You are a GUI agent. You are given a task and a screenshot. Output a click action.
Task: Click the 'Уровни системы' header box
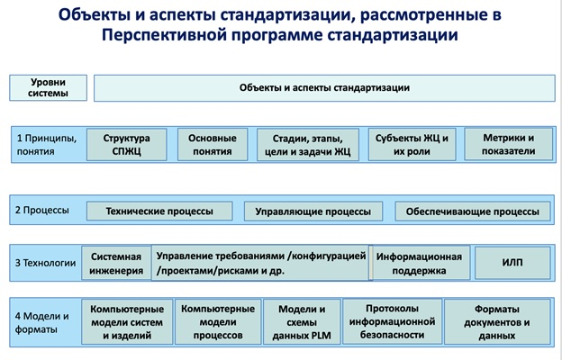(x=48, y=88)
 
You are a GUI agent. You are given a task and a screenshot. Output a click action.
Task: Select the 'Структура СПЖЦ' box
(x=126, y=144)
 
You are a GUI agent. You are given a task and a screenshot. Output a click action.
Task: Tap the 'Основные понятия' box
(x=213, y=144)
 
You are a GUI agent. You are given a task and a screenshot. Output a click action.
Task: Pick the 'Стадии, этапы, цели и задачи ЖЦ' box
(x=308, y=145)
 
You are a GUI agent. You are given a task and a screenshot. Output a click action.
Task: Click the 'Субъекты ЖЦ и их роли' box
(x=412, y=144)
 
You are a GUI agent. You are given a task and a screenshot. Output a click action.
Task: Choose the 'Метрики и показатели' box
(x=509, y=144)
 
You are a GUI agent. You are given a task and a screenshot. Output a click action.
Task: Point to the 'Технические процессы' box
(x=159, y=211)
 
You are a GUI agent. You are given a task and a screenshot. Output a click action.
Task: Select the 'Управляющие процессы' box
(x=313, y=211)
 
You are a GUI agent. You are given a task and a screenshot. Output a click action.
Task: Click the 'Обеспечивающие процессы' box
(x=473, y=211)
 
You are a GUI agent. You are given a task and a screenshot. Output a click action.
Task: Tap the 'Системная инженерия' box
(x=116, y=264)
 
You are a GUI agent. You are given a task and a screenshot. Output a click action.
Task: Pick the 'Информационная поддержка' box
(x=420, y=264)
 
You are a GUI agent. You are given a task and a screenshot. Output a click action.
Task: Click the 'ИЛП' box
(x=512, y=263)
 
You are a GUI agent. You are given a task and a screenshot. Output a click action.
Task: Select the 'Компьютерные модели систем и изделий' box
(x=127, y=322)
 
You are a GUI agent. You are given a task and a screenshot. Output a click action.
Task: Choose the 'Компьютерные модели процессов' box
(x=218, y=322)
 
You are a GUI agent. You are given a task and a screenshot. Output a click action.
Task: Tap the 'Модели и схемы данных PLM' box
(x=302, y=322)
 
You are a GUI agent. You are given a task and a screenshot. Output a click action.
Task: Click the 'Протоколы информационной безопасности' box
(x=392, y=321)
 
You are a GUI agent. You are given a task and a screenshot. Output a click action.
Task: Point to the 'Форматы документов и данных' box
(x=497, y=322)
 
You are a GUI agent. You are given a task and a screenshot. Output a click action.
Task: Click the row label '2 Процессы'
(x=42, y=210)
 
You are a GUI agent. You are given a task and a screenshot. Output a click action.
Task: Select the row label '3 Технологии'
(x=46, y=263)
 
